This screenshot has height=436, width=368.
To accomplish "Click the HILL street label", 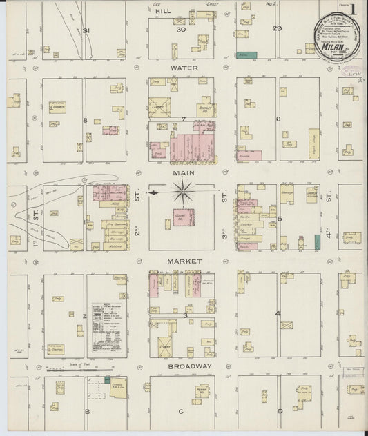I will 163,12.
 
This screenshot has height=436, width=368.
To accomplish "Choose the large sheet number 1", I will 354,9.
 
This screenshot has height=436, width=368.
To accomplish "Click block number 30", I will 181,30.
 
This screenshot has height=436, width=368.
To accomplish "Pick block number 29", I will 278,28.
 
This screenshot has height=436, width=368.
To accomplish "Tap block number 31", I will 86,31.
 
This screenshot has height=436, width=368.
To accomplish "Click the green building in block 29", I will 246,54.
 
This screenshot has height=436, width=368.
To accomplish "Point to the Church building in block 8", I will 57,108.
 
